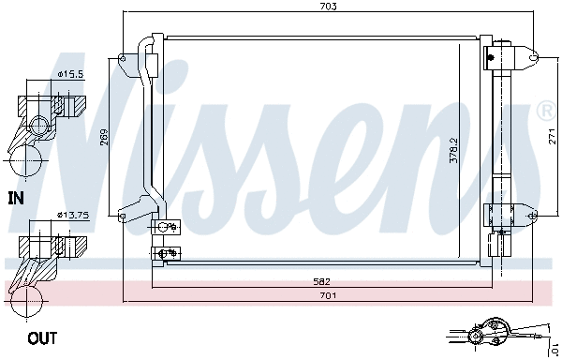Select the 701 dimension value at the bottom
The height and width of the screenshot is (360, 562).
coord(326,295)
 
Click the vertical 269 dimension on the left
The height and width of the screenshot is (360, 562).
coord(105,138)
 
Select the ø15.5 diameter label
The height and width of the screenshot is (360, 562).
coord(71,73)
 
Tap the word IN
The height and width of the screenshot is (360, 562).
coord(16,198)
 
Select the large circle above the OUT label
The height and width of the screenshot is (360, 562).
coord(25,301)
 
